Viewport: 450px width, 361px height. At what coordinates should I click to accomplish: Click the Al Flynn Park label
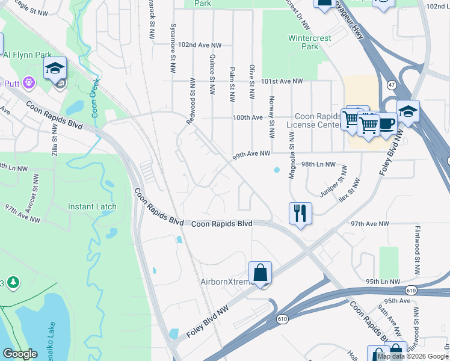(26, 54)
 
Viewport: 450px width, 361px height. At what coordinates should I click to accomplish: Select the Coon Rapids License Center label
(313, 121)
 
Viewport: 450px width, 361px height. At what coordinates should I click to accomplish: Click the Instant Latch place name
(92, 206)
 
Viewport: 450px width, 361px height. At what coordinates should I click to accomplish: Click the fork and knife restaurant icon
(300, 213)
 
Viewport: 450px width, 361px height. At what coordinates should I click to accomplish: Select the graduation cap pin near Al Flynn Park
(55, 68)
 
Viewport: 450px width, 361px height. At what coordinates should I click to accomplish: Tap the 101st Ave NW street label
(283, 81)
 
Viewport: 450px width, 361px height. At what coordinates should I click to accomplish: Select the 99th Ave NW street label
(251, 155)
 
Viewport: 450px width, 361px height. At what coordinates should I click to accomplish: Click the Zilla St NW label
(54, 145)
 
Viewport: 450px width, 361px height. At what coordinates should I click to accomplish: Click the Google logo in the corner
(20, 353)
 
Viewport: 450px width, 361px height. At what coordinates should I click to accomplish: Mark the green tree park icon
(13, 282)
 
